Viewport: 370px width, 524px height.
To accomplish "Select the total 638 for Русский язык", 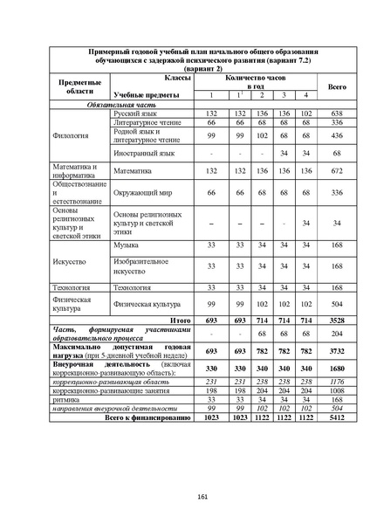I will [337, 114].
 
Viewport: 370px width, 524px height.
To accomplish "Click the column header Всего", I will [337, 86].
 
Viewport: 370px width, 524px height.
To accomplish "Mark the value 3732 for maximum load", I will [337, 350].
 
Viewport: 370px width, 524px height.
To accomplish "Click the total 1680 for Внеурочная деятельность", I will [337, 369].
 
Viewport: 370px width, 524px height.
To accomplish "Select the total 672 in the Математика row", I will [337, 173].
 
